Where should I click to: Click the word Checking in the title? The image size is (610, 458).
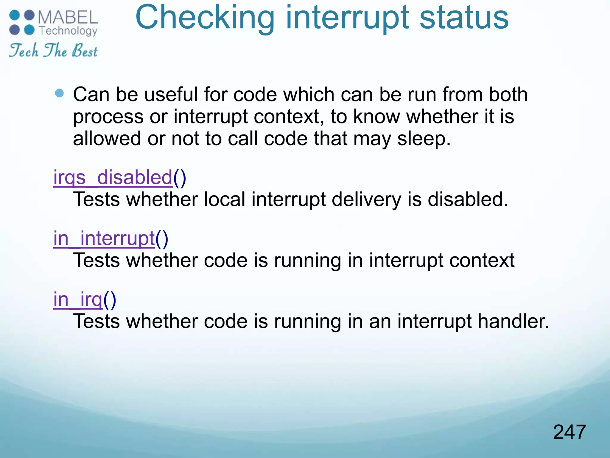[x=205, y=18]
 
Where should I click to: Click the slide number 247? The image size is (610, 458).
[x=569, y=432]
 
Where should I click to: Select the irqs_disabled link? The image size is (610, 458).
[x=113, y=178]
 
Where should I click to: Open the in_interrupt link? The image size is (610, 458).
[x=104, y=239]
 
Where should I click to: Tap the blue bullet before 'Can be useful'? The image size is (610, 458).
[x=60, y=93]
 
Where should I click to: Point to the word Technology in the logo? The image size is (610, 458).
[x=68, y=31]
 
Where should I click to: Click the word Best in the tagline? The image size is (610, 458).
[x=85, y=51]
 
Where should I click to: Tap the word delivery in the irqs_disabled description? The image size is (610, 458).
[x=366, y=199]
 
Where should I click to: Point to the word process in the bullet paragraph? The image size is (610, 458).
[x=108, y=117]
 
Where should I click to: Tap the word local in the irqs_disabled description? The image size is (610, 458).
[x=225, y=199]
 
